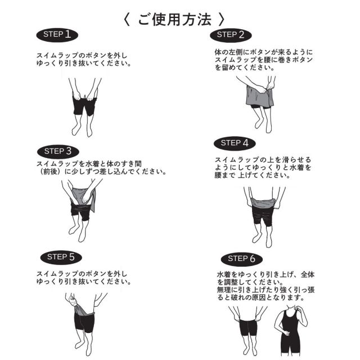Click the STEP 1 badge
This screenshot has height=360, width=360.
[x=57, y=35]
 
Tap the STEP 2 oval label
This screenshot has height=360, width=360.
[x=231, y=35]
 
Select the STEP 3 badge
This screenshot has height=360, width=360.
[x=58, y=151]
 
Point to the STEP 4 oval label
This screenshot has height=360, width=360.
[x=235, y=143]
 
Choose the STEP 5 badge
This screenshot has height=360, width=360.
[x=61, y=258]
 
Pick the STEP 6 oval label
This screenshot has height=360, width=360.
[x=242, y=259]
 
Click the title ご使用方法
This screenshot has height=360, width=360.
[x=174, y=19]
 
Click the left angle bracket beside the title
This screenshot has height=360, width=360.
[x=127, y=19]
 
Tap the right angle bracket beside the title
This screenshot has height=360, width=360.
[x=221, y=19]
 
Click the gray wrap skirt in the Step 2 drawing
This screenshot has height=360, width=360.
[x=259, y=96]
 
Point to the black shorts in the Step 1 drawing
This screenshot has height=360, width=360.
[x=84, y=105]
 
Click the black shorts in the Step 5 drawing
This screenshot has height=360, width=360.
[x=84, y=321]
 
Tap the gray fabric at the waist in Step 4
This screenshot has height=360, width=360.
[x=263, y=203]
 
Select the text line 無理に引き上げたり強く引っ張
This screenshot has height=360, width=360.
[x=265, y=290]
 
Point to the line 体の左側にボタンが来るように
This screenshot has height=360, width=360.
[x=264, y=52]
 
